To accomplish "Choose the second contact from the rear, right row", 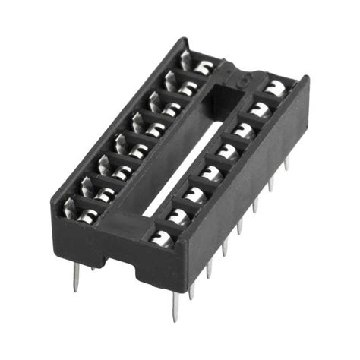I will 260,108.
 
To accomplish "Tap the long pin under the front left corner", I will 77,277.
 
